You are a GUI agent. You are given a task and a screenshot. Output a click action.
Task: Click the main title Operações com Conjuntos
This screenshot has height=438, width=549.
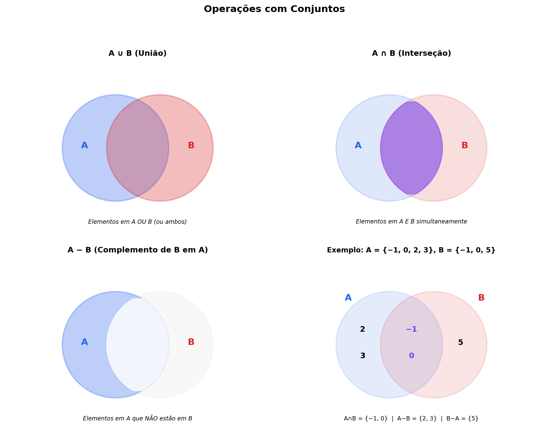[x=274, y=9]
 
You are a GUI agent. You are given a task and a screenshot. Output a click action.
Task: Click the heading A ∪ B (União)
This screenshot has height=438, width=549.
[x=138, y=53]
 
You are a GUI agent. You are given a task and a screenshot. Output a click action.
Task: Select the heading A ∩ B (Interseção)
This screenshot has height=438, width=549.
[x=411, y=53]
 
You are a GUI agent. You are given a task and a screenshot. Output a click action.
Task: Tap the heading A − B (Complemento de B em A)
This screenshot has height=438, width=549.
[x=138, y=250]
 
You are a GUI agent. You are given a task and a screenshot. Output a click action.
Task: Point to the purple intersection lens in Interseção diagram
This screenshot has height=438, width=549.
[x=411, y=148]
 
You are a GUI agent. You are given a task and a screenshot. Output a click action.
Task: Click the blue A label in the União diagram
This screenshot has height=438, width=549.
[x=85, y=145]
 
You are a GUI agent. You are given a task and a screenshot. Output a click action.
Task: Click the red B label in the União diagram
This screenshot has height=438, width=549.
[x=191, y=145]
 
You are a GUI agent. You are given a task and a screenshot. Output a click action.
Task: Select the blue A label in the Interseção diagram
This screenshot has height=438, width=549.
[x=358, y=145]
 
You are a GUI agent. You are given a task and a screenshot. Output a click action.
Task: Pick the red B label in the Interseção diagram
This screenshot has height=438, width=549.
[x=465, y=145]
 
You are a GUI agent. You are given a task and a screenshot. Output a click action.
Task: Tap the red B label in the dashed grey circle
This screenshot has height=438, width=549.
[x=191, y=342]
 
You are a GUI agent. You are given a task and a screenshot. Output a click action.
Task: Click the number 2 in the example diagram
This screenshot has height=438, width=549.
[x=363, y=329]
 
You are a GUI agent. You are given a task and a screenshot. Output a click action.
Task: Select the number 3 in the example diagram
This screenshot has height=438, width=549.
[x=363, y=356]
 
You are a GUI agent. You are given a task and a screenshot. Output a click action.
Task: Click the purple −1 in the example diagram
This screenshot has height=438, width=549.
[x=411, y=329]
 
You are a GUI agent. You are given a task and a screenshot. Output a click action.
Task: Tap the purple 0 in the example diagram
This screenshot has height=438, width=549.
[x=411, y=356]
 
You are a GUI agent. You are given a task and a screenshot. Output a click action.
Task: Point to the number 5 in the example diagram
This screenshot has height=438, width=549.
[x=460, y=342]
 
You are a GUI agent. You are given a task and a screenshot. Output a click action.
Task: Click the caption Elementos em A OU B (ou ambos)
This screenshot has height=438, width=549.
[x=138, y=222]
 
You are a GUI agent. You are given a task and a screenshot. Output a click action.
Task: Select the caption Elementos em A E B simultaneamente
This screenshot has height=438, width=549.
[x=411, y=222]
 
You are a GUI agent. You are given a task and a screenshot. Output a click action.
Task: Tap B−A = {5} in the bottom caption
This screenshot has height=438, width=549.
[x=462, y=419]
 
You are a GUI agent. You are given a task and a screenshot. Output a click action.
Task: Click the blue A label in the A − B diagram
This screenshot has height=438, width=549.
[x=85, y=342]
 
